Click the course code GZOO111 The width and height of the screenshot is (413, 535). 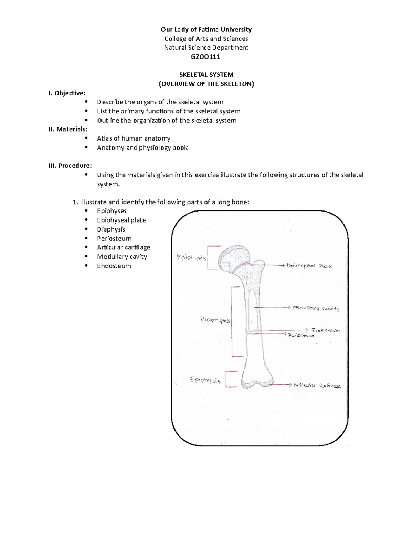pos(205,56)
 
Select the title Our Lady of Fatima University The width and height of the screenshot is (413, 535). pos(206,29)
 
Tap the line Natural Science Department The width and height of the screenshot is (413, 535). pos(206,48)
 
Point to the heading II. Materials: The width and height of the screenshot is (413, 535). pos(68,129)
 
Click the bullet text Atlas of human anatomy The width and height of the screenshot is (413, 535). pos(134,138)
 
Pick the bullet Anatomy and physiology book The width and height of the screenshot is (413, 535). pos(142,148)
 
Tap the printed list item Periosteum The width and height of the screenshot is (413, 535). pos(114,238)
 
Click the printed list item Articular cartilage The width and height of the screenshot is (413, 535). pos(124,247)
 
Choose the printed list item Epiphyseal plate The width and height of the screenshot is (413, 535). pos(121,220)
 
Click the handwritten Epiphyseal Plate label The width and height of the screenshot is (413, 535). pos(310,266)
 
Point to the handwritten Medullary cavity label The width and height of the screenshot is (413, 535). pos(316,308)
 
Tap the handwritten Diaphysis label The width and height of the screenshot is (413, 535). pos(215,320)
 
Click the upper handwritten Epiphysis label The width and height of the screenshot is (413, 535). pos(191,257)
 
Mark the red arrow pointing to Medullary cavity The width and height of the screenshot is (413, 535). pos(272,307)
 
